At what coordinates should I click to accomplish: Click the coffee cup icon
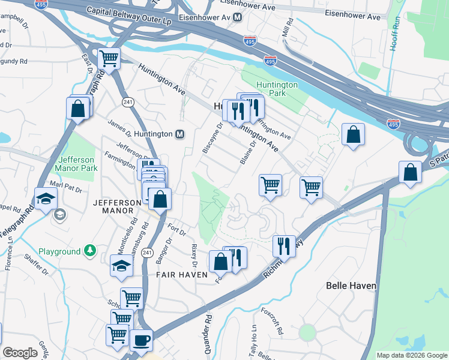(141, 340)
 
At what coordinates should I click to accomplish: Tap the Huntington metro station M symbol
(179, 134)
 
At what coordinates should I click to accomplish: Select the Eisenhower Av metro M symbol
(237, 17)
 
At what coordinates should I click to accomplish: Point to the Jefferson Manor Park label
(76, 164)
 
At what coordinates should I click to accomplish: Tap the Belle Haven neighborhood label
(351, 286)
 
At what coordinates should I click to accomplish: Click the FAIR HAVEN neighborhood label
(181, 274)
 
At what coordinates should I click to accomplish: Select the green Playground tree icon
(89, 250)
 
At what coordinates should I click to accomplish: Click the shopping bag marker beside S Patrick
(411, 172)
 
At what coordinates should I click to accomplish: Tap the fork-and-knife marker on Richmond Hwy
(283, 245)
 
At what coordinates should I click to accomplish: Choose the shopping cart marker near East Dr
(109, 59)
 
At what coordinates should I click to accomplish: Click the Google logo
(20, 353)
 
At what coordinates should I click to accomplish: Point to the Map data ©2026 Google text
(412, 355)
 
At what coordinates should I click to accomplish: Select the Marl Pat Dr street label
(66, 187)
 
